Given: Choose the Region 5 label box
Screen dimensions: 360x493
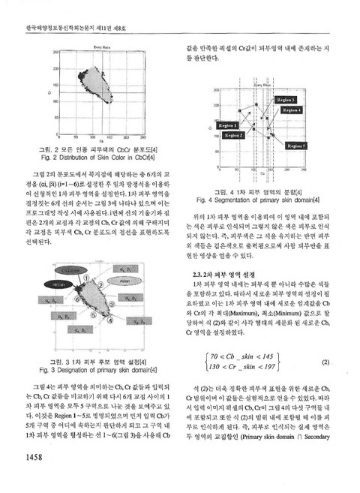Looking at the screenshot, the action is [x=295, y=145].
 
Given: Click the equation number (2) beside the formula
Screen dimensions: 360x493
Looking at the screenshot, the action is [x=325, y=361].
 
